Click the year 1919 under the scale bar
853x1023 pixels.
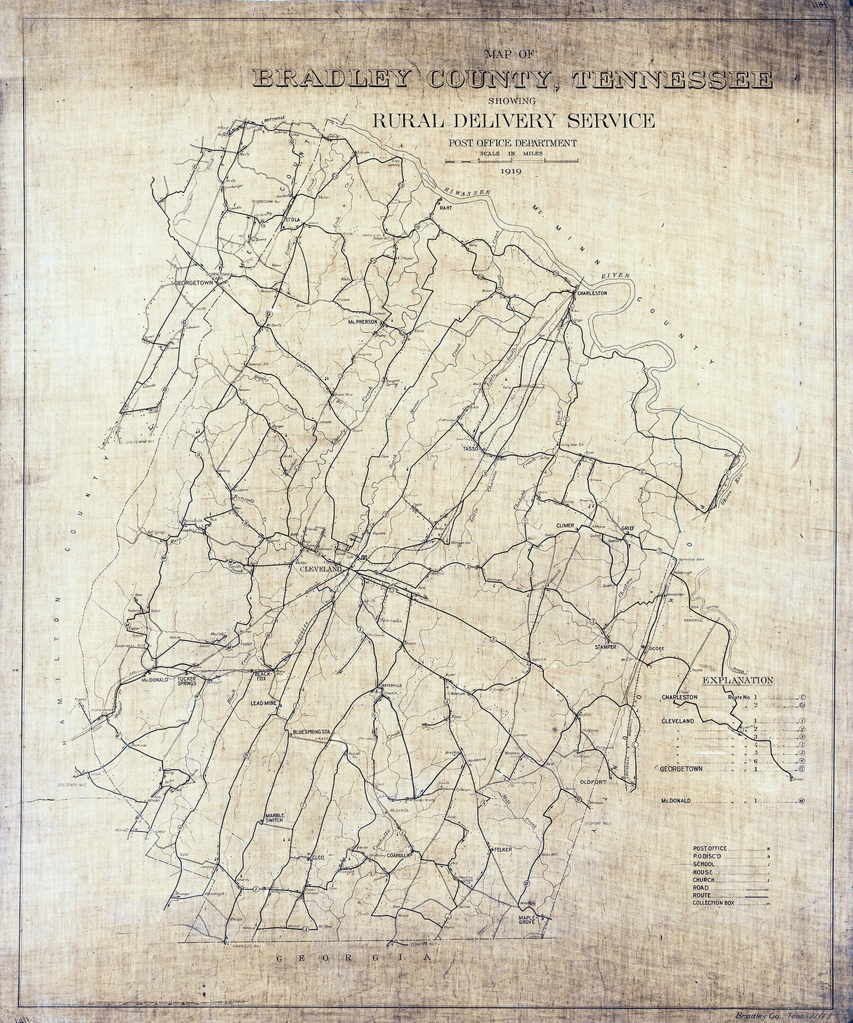click(511, 171)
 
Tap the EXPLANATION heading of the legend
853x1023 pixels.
click(738, 680)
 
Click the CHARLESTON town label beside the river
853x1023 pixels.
click(591, 293)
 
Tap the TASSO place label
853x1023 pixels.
click(470, 448)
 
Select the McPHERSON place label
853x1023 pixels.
click(363, 322)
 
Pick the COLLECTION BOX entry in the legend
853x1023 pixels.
click(713, 903)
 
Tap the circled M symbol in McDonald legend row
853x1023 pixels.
click(801, 800)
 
